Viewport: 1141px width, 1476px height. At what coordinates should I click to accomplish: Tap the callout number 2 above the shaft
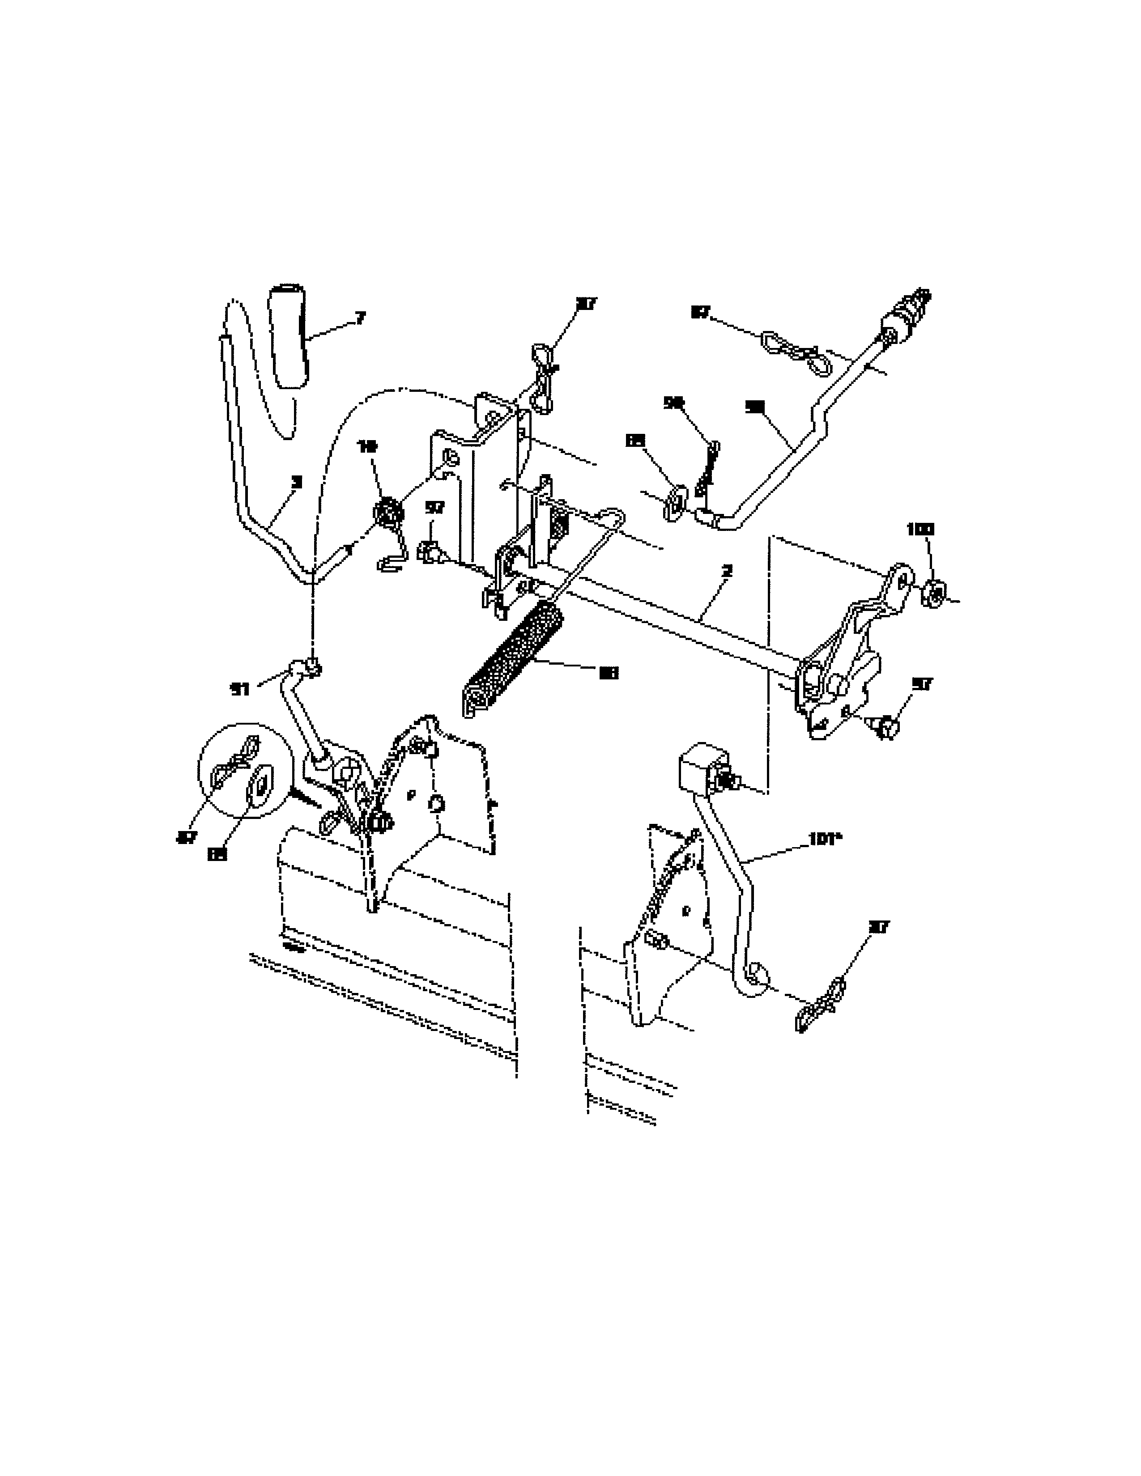(727, 571)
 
